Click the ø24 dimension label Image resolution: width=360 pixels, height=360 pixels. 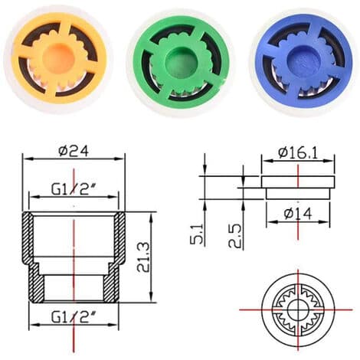point(74,151)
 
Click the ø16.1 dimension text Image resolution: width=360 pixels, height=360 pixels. point(298,153)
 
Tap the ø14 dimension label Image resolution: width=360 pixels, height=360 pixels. point(298,214)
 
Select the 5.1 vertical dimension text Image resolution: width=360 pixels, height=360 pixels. point(197,234)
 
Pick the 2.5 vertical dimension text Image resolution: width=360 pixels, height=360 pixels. point(234,236)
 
